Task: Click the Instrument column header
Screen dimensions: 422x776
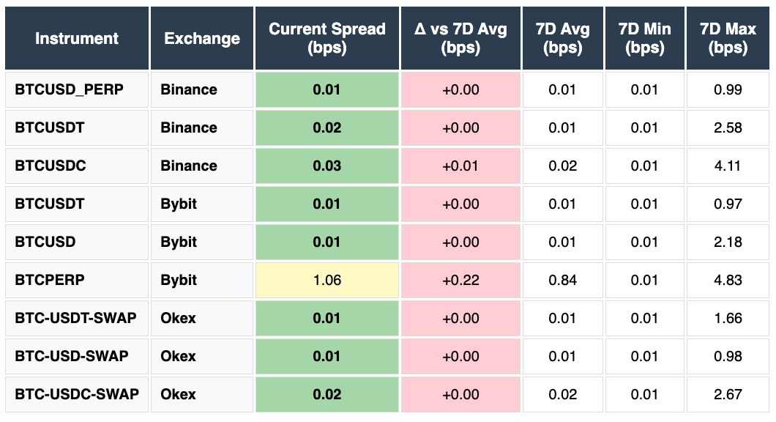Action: pyautogui.click(x=77, y=38)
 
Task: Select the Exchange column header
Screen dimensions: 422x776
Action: pyautogui.click(x=202, y=38)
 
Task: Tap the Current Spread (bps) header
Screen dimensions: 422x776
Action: pyautogui.click(x=327, y=38)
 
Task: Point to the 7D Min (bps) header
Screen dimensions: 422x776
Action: pyautogui.click(x=645, y=38)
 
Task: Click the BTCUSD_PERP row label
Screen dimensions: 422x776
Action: pyautogui.click(x=70, y=89)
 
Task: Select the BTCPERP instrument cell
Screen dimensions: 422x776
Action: pyautogui.click(x=49, y=280)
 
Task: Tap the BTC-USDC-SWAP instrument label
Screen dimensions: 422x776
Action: pyautogui.click(x=77, y=394)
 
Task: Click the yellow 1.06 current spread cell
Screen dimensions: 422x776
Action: pyautogui.click(x=327, y=280)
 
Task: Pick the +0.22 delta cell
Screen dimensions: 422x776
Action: pyautogui.click(x=460, y=280)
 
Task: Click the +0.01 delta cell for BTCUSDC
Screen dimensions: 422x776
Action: pyautogui.click(x=460, y=166)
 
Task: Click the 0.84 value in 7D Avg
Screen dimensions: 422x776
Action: pyautogui.click(x=563, y=280)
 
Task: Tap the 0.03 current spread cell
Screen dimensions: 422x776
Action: pyautogui.click(x=327, y=166)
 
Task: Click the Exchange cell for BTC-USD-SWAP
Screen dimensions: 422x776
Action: pyautogui.click(x=179, y=356)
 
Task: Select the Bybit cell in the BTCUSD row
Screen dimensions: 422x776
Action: pyautogui.click(x=179, y=242)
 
